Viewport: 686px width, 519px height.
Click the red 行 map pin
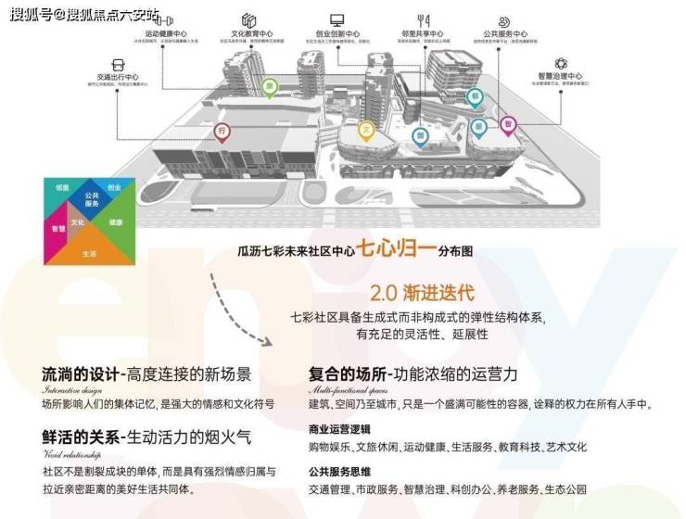pos(222,133)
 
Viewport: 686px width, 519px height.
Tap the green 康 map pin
pos(271,88)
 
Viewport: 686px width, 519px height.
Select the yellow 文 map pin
pos(367,130)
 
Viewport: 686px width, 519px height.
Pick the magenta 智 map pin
pos(507,123)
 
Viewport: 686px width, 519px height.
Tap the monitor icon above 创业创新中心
pos(337,19)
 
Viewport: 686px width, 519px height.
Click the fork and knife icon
pos(424,19)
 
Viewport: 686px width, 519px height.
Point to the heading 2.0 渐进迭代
pos(422,294)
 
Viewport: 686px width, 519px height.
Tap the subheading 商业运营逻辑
pos(339,429)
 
